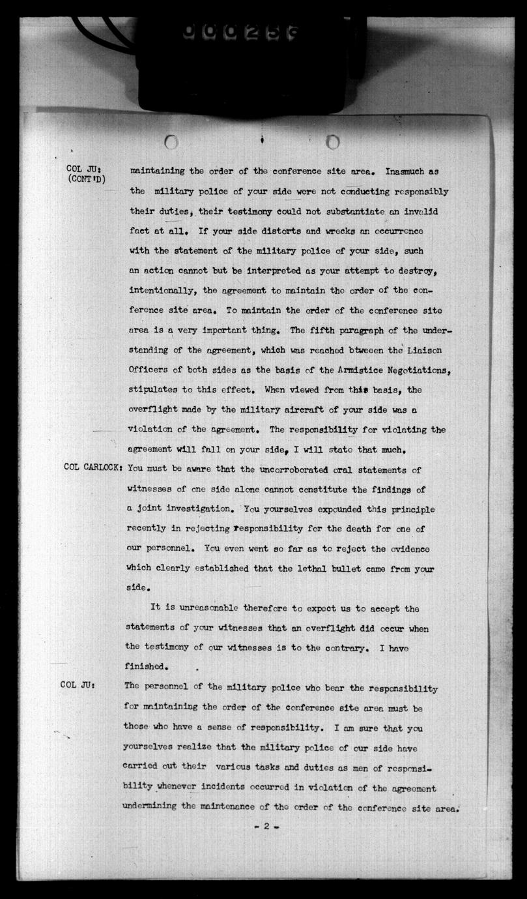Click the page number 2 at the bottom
click(266, 827)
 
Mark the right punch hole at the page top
click(332, 141)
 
